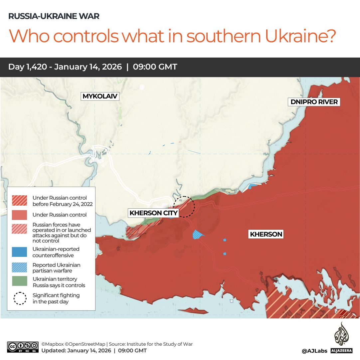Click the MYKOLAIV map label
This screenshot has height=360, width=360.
pyautogui.click(x=100, y=96)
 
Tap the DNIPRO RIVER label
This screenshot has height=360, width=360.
pyautogui.click(x=314, y=102)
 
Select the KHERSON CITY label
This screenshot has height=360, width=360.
pyautogui.click(x=153, y=213)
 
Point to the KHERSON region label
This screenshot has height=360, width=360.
pyautogui.click(x=266, y=234)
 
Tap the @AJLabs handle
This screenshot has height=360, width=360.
pyautogui.click(x=314, y=351)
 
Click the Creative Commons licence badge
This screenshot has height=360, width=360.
pyautogui.click(x=23, y=347)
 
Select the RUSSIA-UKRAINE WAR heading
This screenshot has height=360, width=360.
pyautogui.click(x=54, y=16)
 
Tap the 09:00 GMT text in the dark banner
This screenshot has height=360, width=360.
pyautogui.click(x=155, y=67)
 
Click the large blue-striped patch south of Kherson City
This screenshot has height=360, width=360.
pyautogui.click(x=198, y=235)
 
